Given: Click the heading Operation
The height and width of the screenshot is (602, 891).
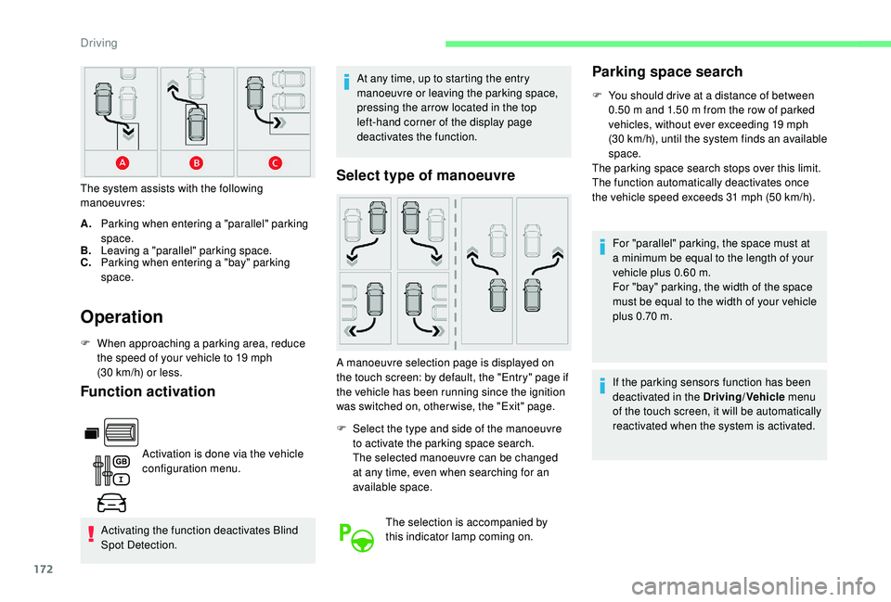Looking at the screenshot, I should [123, 317].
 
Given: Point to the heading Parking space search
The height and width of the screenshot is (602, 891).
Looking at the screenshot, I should [667, 71].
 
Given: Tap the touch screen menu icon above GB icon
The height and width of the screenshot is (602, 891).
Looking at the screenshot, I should [115, 432].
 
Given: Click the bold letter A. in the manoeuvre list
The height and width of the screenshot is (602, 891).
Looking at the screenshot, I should [86, 225].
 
